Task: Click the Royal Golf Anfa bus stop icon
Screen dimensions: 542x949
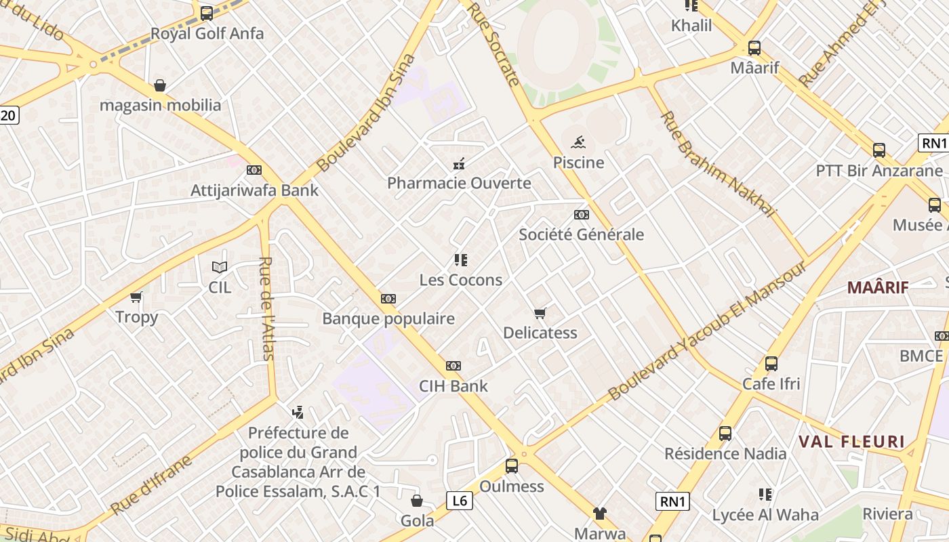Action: [x=207, y=13]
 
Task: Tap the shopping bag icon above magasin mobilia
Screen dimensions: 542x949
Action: [x=160, y=85]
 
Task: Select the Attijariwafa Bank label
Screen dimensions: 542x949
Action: [x=254, y=190]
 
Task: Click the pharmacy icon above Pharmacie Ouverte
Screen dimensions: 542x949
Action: [x=459, y=163]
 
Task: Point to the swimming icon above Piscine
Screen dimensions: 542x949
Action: [x=578, y=142]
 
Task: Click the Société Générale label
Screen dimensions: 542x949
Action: [x=581, y=234]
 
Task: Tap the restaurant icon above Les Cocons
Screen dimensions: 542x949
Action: [x=461, y=259]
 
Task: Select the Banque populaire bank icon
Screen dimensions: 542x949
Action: [x=388, y=298]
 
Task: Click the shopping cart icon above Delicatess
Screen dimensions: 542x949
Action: [x=540, y=313]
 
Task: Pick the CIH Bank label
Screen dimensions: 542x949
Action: [x=453, y=386]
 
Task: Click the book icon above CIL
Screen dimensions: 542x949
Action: [x=219, y=267]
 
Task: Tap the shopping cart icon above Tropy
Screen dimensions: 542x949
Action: [x=136, y=297]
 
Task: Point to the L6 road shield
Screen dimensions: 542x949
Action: [x=460, y=501]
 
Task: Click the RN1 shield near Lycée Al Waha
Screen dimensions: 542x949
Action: [x=672, y=501]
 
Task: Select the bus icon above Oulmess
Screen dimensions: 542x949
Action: [x=512, y=466]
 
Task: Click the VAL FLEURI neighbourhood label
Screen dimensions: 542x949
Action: [x=851, y=442]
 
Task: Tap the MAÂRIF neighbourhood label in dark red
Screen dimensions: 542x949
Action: [x=878, y=287]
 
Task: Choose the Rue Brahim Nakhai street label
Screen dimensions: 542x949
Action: [x=717, y=164]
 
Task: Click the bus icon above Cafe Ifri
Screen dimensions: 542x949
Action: [x=771, y=364]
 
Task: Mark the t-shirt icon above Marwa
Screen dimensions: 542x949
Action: [x=600, y=514]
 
